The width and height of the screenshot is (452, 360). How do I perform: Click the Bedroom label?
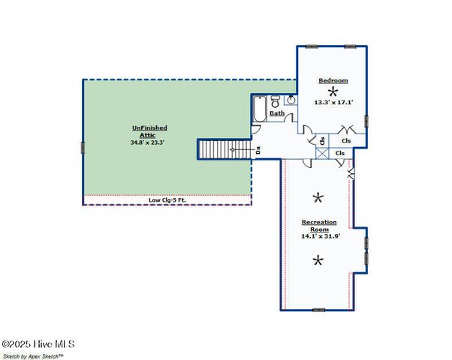(333, 80)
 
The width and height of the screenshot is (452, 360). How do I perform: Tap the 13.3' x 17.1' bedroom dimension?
(333, 102)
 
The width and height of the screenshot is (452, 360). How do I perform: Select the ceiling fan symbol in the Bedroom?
(333, 91)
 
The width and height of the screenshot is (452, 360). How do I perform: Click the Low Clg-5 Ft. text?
(167, 199)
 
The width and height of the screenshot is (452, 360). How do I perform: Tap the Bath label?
(277, 114)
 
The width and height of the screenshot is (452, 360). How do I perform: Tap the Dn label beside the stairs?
(258, 150)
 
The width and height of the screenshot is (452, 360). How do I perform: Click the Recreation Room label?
(319, 226)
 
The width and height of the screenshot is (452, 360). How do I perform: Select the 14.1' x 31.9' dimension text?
(320, 236)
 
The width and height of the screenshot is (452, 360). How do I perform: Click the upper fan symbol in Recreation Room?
(318, 198)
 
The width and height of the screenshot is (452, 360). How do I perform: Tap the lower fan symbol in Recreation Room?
(318, 261)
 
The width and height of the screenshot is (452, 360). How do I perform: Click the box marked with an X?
(322, 153)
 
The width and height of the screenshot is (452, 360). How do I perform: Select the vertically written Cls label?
(322, 140)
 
